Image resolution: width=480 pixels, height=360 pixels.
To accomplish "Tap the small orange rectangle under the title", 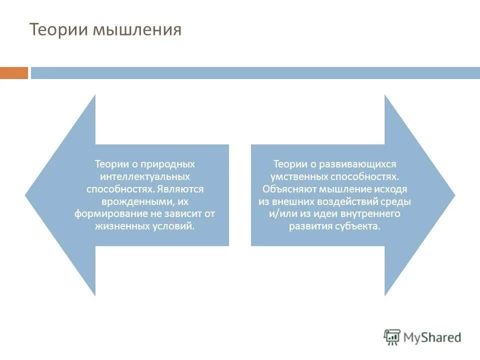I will tap(14, 73).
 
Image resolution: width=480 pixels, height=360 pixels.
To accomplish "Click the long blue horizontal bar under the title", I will tap(255, 73).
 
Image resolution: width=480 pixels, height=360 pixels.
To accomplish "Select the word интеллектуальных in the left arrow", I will tap(145, 176).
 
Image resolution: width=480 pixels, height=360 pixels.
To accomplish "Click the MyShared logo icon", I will tap(392, 337).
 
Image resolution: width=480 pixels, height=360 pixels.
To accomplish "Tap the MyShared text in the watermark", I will tap(433, 337).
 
